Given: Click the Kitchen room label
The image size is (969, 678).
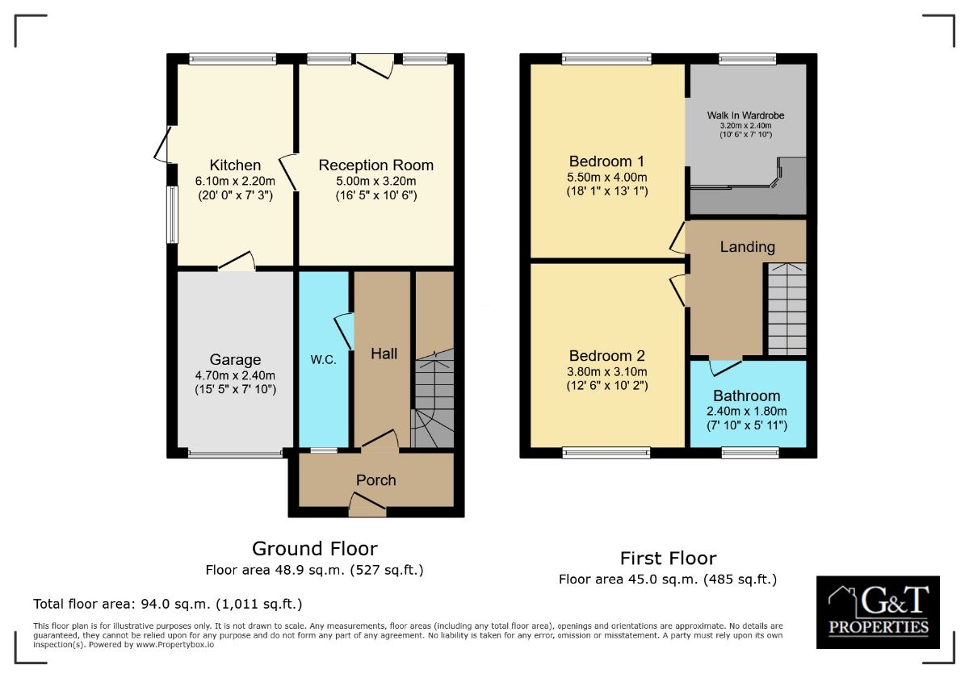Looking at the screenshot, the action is [235, 165].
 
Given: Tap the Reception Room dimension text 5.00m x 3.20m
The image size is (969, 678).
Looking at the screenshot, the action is [376, 181].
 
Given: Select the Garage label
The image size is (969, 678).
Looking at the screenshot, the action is [235, 360].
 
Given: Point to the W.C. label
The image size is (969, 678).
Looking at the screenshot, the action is [323, 360].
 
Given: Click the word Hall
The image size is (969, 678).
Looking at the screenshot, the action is [384, 354].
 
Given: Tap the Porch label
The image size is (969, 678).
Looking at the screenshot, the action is [376, 480].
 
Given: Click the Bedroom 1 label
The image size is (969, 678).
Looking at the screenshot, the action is [606, 161].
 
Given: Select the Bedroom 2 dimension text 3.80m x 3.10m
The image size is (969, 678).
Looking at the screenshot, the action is [607, 371].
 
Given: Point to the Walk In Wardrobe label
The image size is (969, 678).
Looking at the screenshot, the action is [745, 115].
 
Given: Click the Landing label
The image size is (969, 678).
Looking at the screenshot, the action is [747, 247].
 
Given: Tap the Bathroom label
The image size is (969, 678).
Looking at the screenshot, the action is [747, 395].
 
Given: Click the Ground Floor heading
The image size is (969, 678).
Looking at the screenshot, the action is [314, 549].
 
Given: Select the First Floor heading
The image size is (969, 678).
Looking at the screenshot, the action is [668, 559].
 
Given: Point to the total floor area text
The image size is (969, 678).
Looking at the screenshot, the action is [168, 604].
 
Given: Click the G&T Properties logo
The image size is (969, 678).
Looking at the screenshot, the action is [878, 613].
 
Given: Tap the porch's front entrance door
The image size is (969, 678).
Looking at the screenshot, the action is [367, 504].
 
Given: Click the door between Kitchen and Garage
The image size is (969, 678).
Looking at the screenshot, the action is [237, 262].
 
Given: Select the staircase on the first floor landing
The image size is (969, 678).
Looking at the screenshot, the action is [787, 309].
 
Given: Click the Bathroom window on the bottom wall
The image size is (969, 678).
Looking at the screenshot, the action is [750, 453].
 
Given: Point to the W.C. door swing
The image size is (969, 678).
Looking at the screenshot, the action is [344, 331].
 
